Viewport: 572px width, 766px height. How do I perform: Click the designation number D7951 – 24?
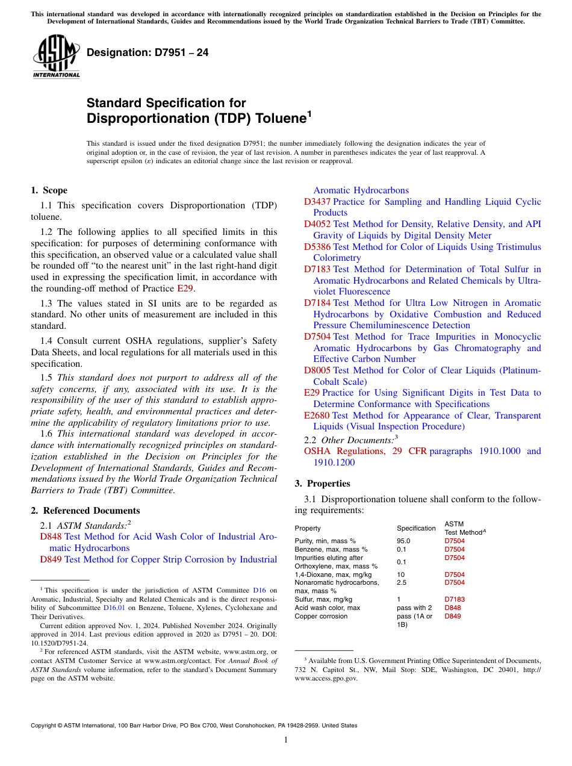coord(148,52)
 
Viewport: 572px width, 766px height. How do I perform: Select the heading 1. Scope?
coord(49,190)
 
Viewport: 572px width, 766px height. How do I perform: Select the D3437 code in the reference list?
coord(317,202)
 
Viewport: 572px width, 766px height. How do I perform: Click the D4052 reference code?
coord(317,224)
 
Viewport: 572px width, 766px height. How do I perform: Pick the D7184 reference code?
coord(317,303)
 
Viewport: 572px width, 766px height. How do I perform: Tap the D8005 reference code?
coord(317,370)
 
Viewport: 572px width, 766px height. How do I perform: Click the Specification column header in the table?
coord(416,528)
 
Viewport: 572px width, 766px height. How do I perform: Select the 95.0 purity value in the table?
coord(403,541)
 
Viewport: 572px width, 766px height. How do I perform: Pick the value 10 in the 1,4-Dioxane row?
coord(401,574)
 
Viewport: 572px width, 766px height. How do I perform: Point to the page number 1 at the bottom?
coord(286,740)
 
